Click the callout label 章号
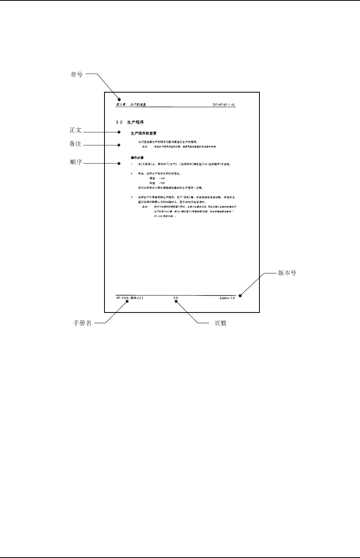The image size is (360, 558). (x=76, y=74)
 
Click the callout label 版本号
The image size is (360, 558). (x=287, y=273)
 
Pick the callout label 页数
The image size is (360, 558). (x=220, y=323)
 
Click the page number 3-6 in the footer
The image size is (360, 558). (x=176, y=298)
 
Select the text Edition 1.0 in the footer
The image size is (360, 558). (x=227, y=298)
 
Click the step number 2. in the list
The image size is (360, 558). (x=131, y=173)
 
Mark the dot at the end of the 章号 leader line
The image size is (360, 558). (x=118, y=99)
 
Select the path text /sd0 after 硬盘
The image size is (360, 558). (x=162, y=179)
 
